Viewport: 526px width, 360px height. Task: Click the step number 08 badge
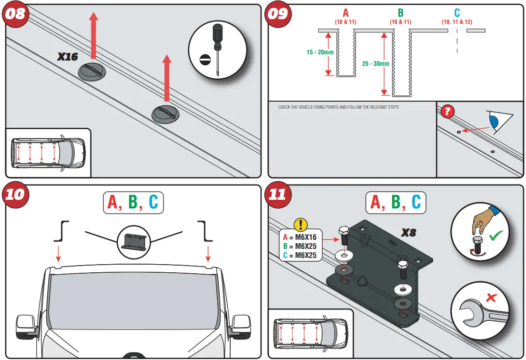tap(16, 13)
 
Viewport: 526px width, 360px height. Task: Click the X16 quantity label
tap(68, 57)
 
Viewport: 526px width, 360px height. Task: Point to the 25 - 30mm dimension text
tap(375, 63)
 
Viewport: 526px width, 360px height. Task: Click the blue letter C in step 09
tap(457, 13)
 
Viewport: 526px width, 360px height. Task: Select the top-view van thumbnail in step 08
tap(48, 153)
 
